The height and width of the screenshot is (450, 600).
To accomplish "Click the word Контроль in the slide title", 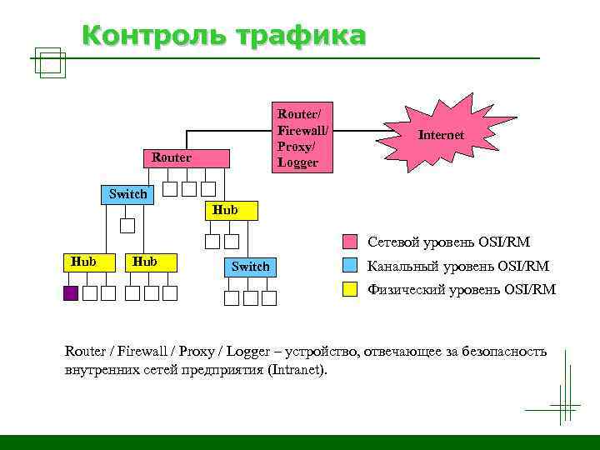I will [154, 37].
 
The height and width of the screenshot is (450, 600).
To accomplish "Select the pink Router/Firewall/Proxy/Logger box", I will [303, 137].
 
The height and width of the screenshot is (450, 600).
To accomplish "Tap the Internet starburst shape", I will [441, 135].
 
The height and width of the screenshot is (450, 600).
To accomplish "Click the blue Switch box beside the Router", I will [127, 194].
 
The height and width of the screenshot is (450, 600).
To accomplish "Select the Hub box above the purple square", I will [82, 262].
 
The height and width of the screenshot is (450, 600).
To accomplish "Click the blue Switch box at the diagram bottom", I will [250, 267].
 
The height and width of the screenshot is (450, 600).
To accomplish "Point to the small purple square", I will [71, 293].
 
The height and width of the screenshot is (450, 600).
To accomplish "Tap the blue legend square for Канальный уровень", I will [351, 267].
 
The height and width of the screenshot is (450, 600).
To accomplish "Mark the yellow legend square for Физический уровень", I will [351, 290].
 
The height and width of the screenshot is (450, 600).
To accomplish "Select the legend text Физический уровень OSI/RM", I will [461, 290].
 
